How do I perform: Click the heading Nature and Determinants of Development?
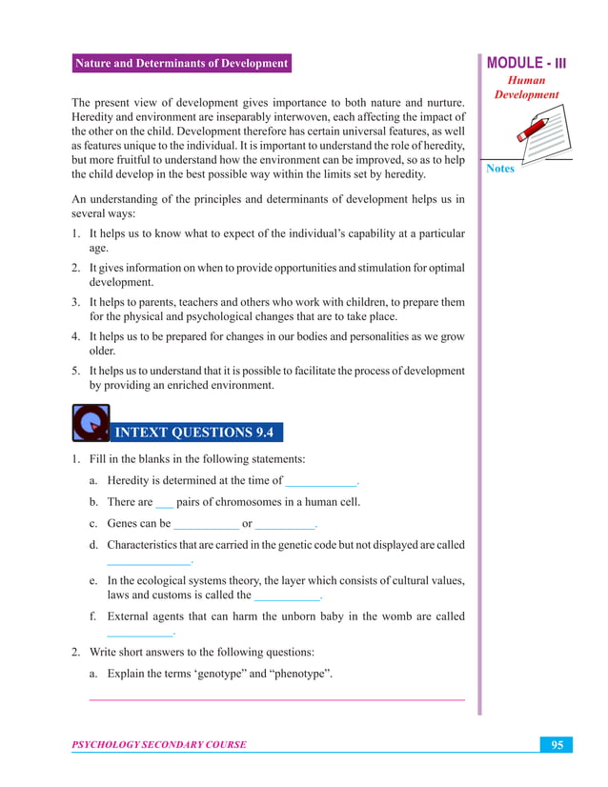coord(181,64)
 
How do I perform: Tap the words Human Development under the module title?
coord(527,88)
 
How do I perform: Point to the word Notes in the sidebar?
coord(500,169)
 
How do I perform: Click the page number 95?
coord(557,745)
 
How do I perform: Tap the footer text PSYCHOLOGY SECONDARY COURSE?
coord(159,745)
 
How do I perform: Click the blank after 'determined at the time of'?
coord(321,482)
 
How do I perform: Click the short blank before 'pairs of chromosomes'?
coord(164,503)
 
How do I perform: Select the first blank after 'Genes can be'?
coord(206,524)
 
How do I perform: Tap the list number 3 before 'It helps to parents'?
coord(75,302)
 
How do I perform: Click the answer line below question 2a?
coord(276,700)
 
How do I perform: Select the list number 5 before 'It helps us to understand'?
coord(75,371)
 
